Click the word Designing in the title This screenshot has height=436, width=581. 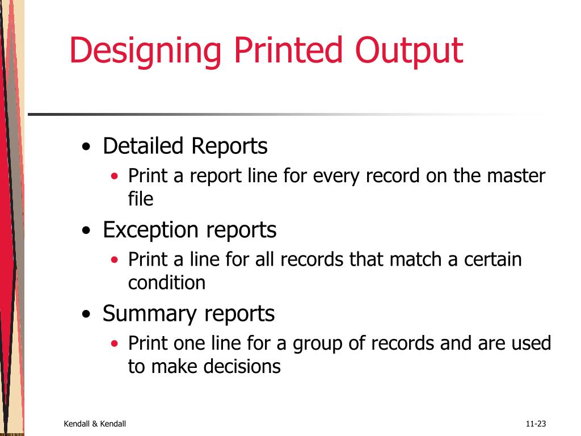(x=145, y=51)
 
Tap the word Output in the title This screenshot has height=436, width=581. (x=409, y=50)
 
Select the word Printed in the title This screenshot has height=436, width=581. (x=288, y=50)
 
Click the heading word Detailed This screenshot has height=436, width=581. (x=143, y=146)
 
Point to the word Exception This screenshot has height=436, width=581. (x=151, y=230)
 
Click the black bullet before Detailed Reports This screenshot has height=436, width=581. (x=86, y=148)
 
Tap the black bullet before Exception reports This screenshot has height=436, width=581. (x=86, y=231)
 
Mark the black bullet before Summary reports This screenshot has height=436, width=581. (x=86, y=315)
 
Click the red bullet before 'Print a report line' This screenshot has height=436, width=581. (x=115, y=176)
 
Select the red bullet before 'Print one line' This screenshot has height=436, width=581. (x=115, y=343)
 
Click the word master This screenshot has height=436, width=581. (x=516, y=176)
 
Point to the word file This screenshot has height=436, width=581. (x=141, y=199)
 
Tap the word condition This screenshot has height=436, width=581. (x=167, y=283)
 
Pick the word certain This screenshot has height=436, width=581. (x=492, y=260)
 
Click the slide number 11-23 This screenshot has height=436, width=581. (x=536, y=424)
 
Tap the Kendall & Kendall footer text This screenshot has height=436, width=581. (x=95, y=424)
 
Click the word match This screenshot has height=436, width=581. (x=417, y=260)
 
